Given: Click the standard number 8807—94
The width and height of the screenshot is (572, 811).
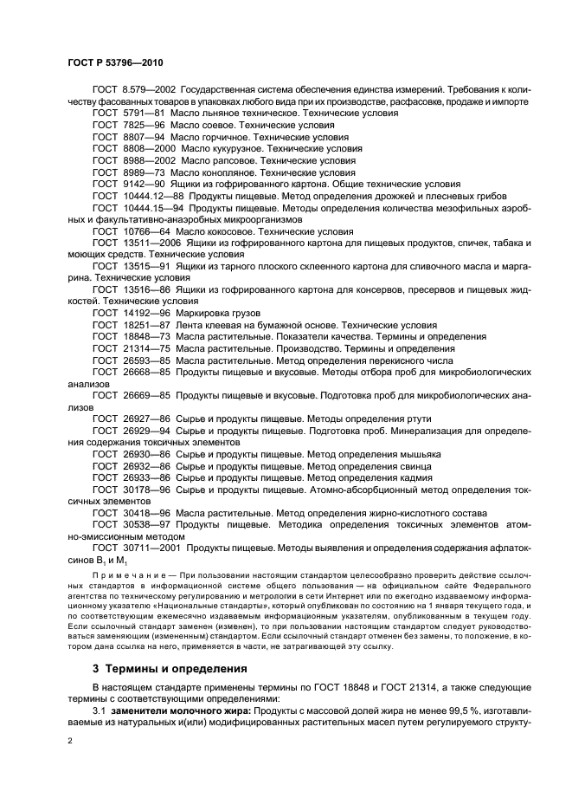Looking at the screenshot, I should (x=143, y=137).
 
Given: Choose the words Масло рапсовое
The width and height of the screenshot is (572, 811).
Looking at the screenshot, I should (x=215, y=160).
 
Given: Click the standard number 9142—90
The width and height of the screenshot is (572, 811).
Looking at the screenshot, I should (x=143, y=184).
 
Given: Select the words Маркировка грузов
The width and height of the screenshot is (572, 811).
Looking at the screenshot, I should (x=218, y=313).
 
